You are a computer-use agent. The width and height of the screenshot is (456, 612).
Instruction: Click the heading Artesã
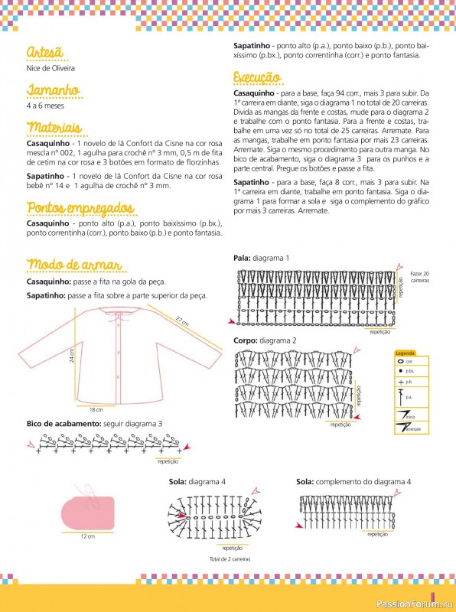44,52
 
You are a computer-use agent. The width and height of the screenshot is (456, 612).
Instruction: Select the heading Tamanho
53,90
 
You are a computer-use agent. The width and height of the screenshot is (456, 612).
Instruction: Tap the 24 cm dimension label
71,356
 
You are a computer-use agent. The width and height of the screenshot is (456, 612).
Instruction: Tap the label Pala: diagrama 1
261,259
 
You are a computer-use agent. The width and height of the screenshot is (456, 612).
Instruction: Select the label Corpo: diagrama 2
265,340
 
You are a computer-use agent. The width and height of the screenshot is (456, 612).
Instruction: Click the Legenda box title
406,353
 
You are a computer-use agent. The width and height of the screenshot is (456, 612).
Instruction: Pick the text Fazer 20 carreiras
420,277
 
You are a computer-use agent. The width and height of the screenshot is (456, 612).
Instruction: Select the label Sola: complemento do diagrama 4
353,482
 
